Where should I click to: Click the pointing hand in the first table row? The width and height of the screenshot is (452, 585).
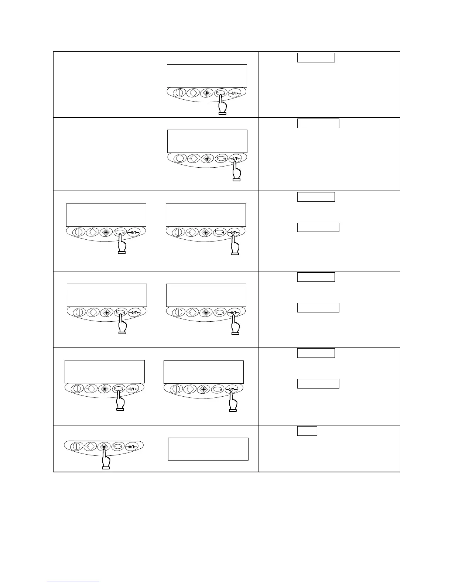(222, 105)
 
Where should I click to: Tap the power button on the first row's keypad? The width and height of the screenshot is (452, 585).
(179, 93)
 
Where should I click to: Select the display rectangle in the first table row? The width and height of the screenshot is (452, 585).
(207, 76)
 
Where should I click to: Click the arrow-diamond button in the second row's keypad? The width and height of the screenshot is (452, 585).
(194, 158)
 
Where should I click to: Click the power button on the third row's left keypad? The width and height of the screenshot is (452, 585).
(78, 232)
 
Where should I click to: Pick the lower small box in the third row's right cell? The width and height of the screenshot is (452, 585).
(318, 227)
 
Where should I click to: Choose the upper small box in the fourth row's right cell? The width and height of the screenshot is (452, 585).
(316, 277)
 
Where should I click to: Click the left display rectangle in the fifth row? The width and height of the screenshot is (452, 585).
(105, 372)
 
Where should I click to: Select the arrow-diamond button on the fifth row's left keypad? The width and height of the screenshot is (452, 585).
(91, 389)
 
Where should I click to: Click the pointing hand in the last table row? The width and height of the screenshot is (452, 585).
(106, 460)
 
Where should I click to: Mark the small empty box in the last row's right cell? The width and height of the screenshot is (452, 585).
(307, 431)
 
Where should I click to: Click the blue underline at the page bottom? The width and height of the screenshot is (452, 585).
(73, 582)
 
